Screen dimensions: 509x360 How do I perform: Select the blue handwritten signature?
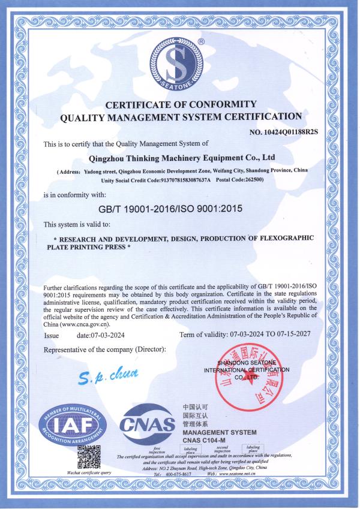click(109, 376)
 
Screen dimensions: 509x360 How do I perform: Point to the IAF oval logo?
click(73, 425)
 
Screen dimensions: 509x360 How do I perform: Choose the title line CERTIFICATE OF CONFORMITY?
click(181, 104)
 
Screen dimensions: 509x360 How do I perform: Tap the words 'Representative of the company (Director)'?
click(105, 349)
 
